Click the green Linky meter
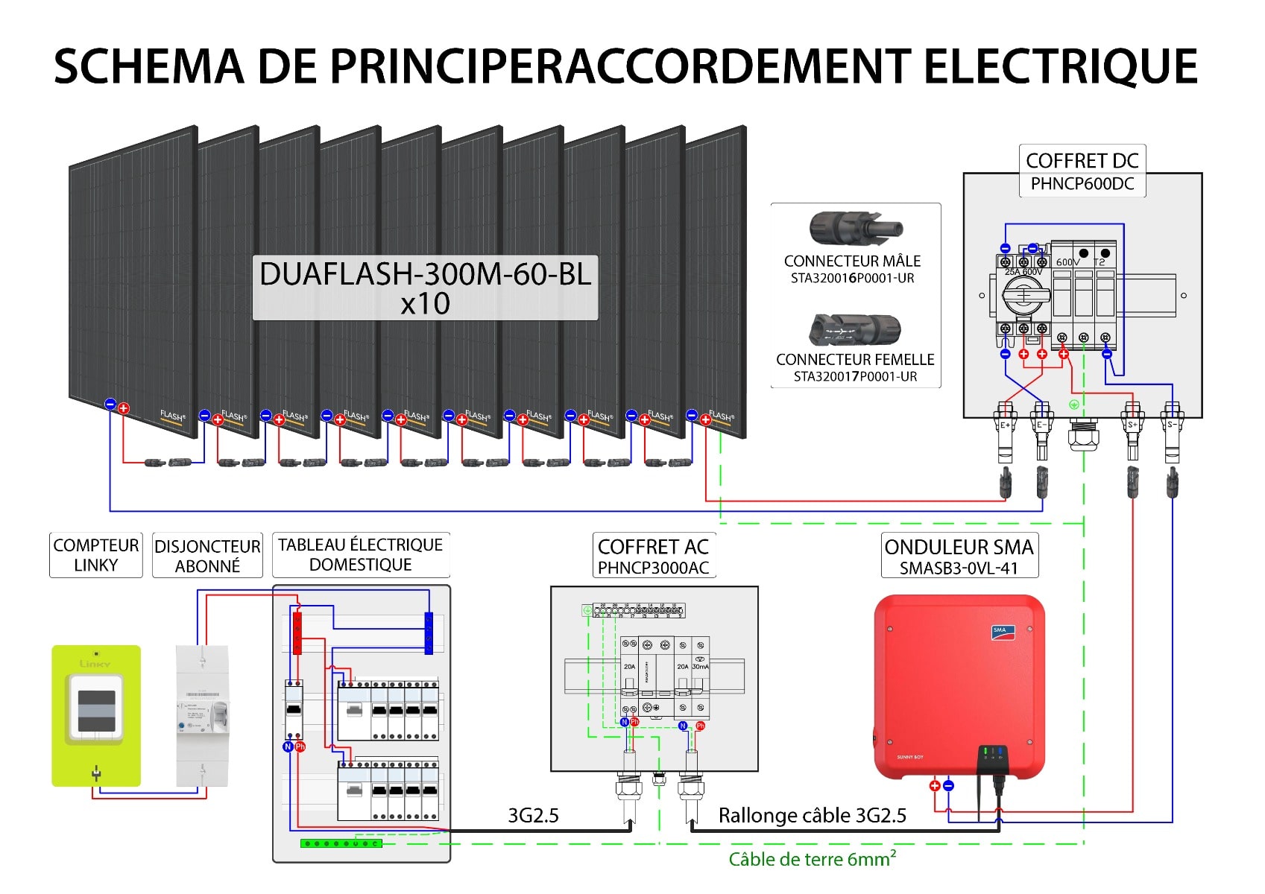pyautogui.click(x=95, y=715)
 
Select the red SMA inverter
pyautogui.click(x=959, y=685)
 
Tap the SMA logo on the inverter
pyautogui.click(x=1000, y=632)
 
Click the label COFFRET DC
pyautogui.click(x=1082, y=161)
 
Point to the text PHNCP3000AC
pyautogui.click(x=653, y=568)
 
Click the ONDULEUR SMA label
pyautogui.click(x=959, y=547)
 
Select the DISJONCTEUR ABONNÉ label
pyautogui.click(x=207, y=556)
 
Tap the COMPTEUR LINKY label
pyautogui.click(x=95, y=555)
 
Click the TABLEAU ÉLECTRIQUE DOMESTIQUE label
pyautogui.click(x=360, y=555)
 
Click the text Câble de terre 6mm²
pyautogui.click(x=812, y=860)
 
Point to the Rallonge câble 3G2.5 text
pyautogui.click(x=812, y=816)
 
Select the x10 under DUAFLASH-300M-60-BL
pyautogui.click(x=425, y=304)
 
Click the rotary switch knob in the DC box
pyautogui.click(x=1024, y=297)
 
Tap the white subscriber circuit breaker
pyautogui.click(x=202, y=715)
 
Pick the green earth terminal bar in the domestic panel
pyautogui.click(x=341, y=843)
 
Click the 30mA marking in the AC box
pyautogui.click(x=700, y=667)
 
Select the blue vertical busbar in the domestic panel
pyautogui.click(x=429, y=633)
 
